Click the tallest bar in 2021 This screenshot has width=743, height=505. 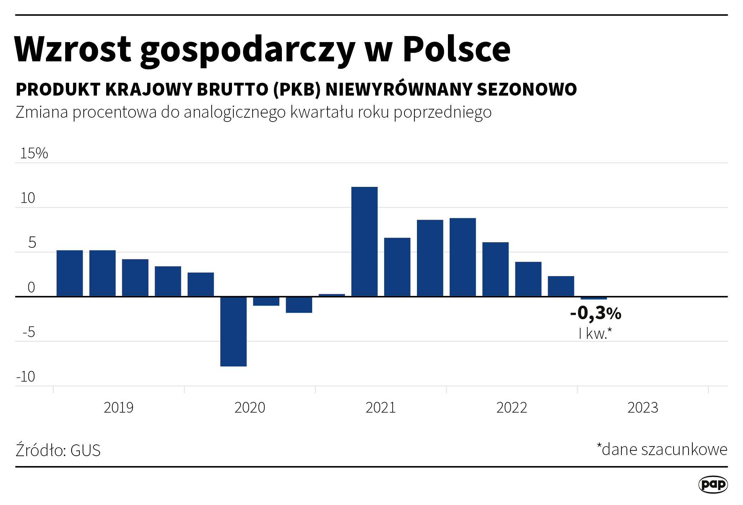(364, 241)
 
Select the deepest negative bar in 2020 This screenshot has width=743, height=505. (233, 331)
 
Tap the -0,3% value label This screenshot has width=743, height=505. (595, 313)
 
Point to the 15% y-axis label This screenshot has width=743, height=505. (34, 153)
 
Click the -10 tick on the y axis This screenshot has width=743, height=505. (26, 377)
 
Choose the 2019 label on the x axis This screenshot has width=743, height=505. (118, 408)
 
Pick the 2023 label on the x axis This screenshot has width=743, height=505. (643, 408)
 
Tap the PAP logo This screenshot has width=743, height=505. (713, 484)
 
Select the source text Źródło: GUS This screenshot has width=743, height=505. (58, 450)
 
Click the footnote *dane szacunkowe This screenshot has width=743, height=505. (662, 449)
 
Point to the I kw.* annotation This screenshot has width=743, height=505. (595, 334)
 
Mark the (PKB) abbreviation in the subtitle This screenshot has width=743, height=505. (297, 90)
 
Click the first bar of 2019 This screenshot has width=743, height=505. (70, 273)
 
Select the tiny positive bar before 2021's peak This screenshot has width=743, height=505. (332, 295)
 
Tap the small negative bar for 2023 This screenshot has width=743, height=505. (594, 298)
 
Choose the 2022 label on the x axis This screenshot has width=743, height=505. (511, 408)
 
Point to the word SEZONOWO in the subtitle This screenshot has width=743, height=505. (527, 90)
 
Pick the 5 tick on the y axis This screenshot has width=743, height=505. (32, 243)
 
